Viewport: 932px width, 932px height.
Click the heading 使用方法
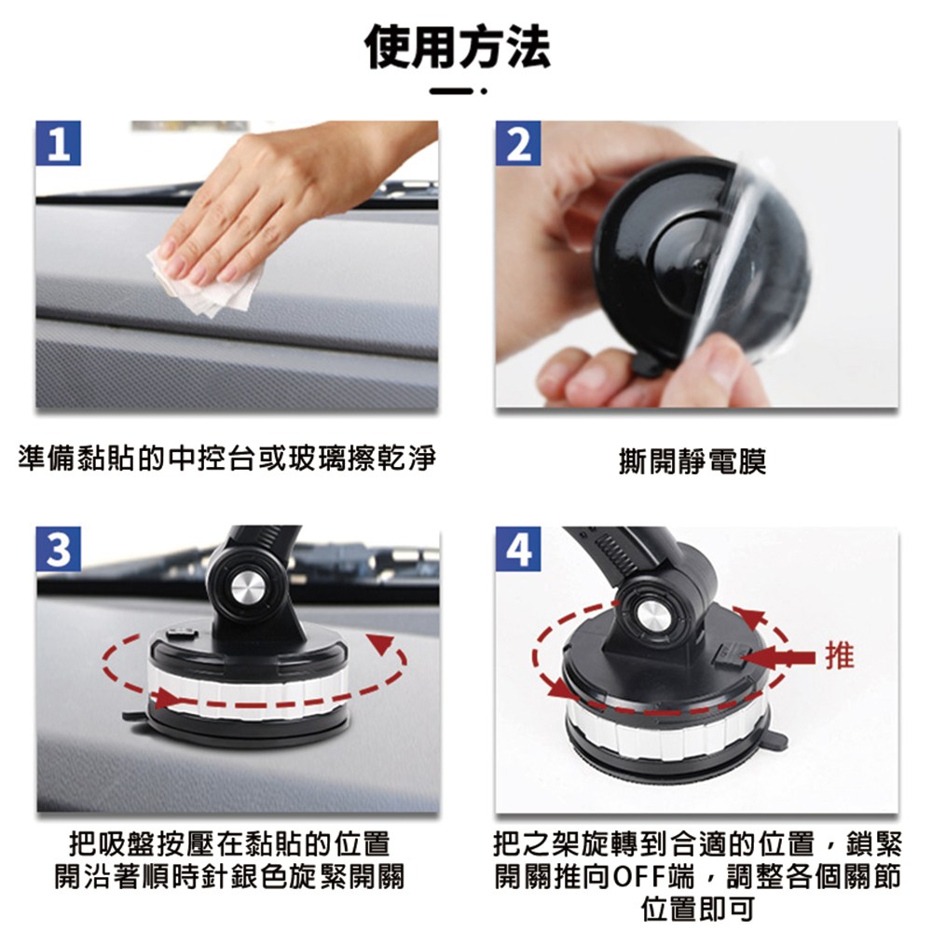[x=457, y=48]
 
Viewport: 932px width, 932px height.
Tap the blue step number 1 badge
[x=58, y=144]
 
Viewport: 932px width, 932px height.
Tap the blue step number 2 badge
[x=518, y=144]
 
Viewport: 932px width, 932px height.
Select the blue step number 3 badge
[x=58, y=549]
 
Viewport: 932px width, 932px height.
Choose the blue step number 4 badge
[x=518, y=549]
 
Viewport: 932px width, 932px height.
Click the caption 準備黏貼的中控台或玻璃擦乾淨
[x=227, y=459]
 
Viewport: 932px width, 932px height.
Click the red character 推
[x=840, y=656]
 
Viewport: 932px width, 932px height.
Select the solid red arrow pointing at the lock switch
[x=777, y=657]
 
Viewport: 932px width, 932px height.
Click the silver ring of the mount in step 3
[x=247, y=690]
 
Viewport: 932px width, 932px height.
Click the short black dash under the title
[x=452, y=91]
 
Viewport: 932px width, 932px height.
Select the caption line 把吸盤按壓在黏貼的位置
[x=229, y=843]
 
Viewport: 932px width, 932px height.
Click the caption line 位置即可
[x=697, y=909]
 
